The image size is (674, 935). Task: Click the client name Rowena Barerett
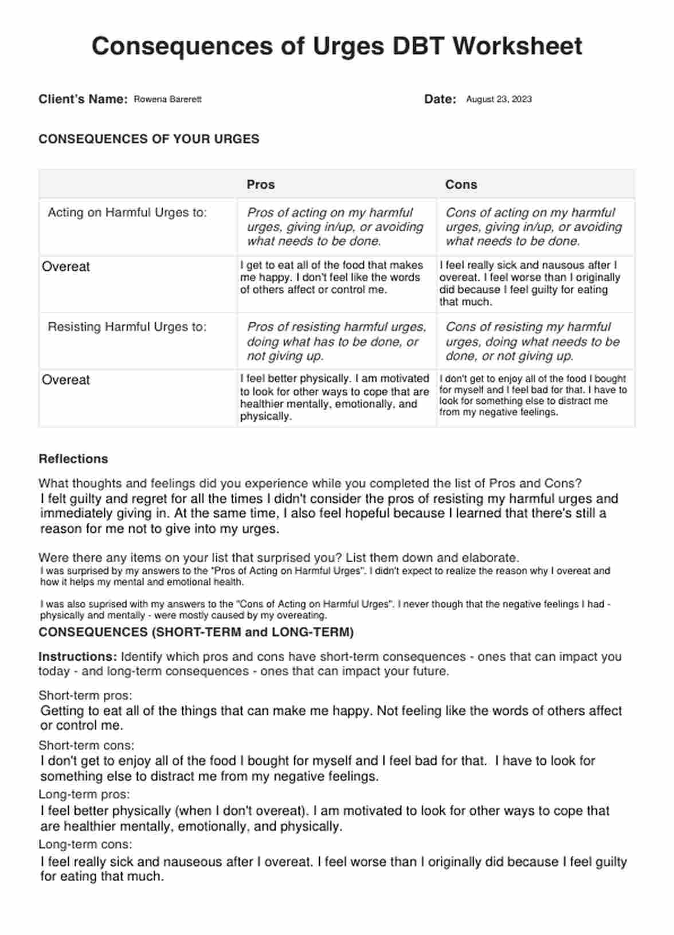pos(167,99)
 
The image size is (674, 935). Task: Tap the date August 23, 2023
pos(499,99)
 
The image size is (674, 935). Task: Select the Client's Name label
pos(83,99)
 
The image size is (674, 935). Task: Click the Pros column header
pos(260,185)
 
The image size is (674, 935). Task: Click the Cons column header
pos(461,185)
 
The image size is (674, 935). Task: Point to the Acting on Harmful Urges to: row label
pos(127,213)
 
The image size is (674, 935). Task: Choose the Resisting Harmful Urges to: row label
pos(127,327)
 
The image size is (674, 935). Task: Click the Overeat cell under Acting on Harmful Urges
pos(66,267)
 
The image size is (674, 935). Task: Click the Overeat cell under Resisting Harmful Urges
pos(66,380)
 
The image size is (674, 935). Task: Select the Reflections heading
pos(73,459)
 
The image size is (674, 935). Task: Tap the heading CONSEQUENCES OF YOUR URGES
pos(148,139)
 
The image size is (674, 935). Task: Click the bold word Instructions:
pos(77,657)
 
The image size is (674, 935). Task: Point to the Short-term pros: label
pos(85,696)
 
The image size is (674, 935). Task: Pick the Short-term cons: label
pos(86,746)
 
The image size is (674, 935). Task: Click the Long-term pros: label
pos(84,795)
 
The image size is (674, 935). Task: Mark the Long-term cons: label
pos(85,844)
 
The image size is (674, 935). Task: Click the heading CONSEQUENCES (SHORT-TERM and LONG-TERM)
pos(196,633)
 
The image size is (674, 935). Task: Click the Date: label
pos(440,99)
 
